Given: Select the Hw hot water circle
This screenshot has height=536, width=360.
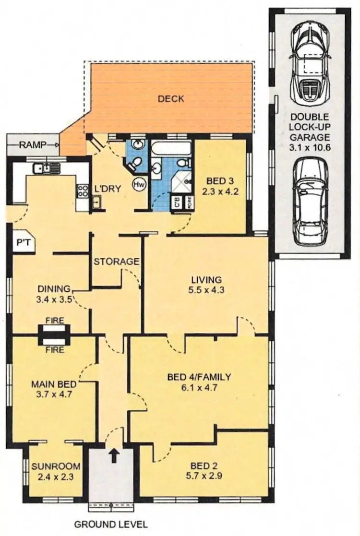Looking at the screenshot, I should click(x=140, y=183).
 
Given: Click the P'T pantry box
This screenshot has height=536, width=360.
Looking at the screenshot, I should click(x=22, y=243).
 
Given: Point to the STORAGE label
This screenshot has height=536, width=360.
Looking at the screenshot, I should click(x=117, y=262).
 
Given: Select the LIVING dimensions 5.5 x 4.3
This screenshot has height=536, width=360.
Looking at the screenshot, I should click(x=206, y=290).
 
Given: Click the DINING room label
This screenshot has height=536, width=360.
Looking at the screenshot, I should click(x=54, y=289).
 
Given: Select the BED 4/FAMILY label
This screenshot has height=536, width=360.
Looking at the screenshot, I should click(x=199, y=377).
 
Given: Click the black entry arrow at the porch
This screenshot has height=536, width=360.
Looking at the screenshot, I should click(x=113, y=454).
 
